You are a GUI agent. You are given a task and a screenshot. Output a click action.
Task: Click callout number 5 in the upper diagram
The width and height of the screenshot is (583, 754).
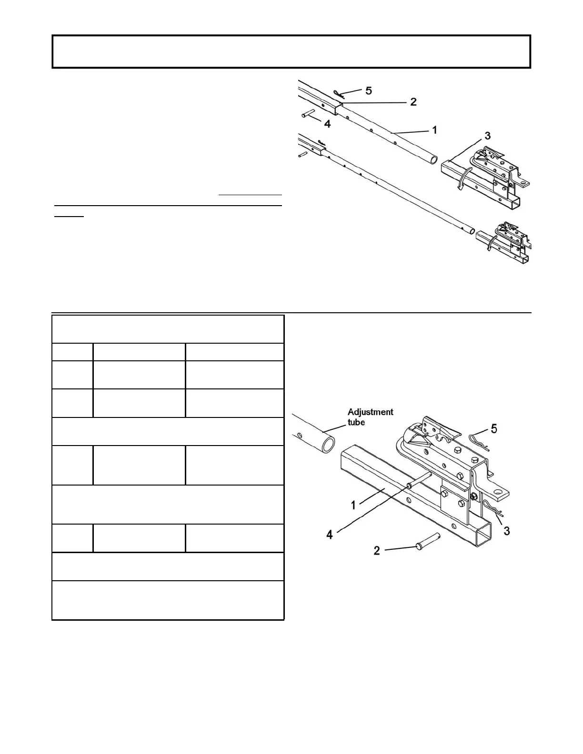coord(369,90)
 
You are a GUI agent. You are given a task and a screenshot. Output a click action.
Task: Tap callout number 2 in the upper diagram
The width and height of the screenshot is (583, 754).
coord(413,101)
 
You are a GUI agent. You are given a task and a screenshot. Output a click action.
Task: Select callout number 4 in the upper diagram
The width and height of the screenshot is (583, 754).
coord(327,124)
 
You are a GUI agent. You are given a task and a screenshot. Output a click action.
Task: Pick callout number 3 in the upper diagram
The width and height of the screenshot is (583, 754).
coord(487,136)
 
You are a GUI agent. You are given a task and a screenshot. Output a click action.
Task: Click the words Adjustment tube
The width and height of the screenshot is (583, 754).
coord(370,417)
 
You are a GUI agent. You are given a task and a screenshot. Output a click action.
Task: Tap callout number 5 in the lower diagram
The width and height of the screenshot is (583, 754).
coord(494,429)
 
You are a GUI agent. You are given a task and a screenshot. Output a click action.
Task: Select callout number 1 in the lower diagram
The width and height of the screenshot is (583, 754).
coord(353,505)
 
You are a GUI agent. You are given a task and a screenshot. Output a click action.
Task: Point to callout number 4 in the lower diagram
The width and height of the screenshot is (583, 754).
coord(330,535)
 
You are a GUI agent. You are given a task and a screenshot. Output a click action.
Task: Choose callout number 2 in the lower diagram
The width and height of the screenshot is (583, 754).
coord(377,551)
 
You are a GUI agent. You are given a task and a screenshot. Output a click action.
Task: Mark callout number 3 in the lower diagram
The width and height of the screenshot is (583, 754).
coord(507,530)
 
